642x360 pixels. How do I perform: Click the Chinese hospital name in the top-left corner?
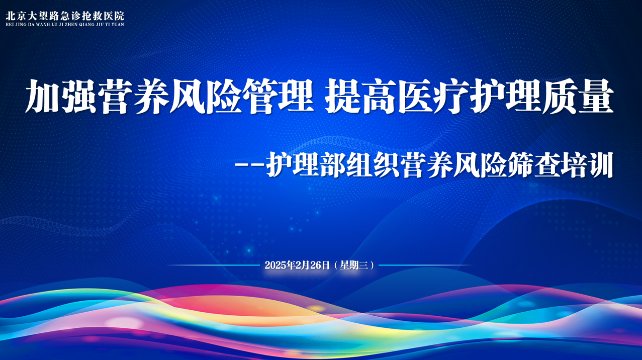pyautogui.click(x=65, y=16)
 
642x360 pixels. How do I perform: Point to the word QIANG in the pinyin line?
pyautogui.click(x=87, y=25)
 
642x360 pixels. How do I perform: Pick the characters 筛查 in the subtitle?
pyautogui.click(x=533, y=165)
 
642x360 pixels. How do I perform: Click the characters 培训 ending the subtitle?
pyautogui.click(x=587, y=165)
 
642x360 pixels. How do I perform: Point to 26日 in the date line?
pyautogui.click(x=320, y=265)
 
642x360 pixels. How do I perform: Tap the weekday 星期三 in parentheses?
pyautogui.click(x=354, y=265)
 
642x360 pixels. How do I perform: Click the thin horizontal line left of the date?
pyautogui.click(x=214, y=265)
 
